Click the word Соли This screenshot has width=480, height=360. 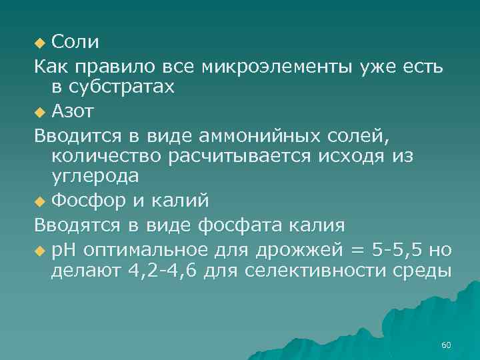(75, 43)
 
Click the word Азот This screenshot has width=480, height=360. (75, 111)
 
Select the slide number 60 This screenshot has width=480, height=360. (447, 345)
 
